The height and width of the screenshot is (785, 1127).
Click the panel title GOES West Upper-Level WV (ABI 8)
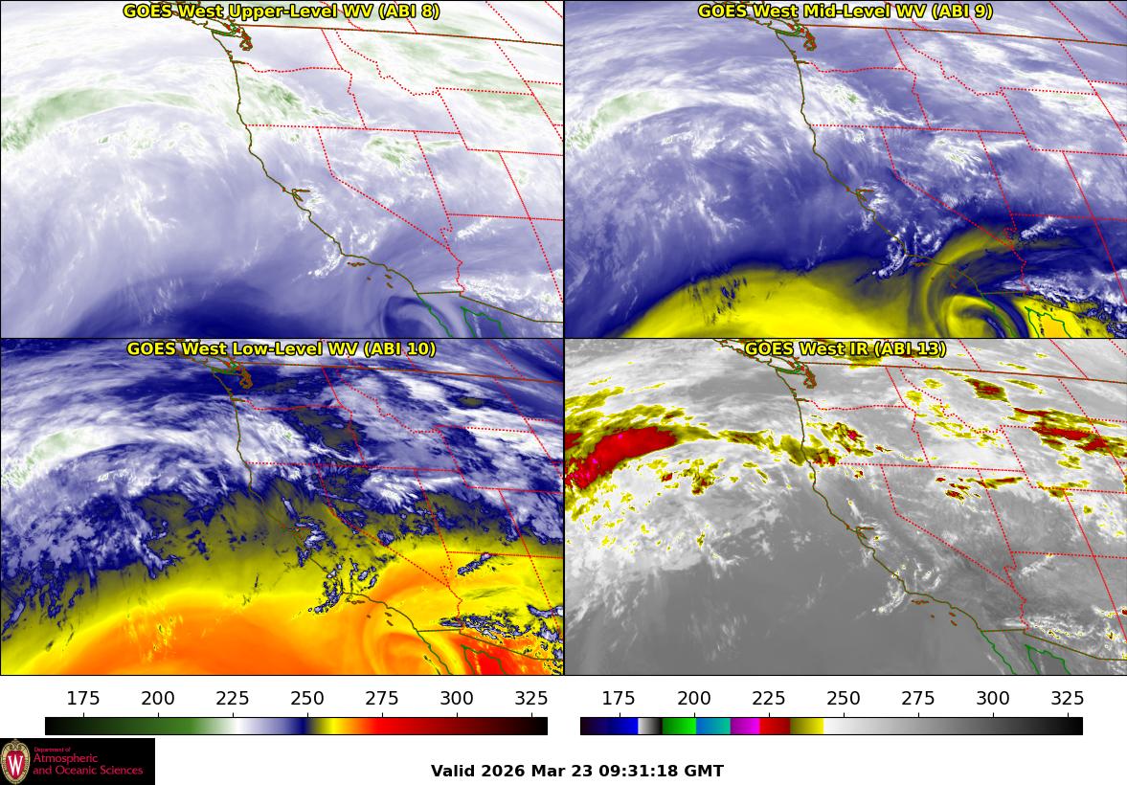click(x=282, y=11)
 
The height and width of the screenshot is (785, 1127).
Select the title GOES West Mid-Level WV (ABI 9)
click(x=845, y=11)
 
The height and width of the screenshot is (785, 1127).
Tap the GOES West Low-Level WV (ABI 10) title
click(x=282, y=349)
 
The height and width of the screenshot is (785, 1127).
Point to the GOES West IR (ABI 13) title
click(x=845, y=349)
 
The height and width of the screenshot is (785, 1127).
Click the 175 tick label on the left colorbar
click(x=83, y=698)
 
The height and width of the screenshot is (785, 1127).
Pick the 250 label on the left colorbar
click(x=307, y=698)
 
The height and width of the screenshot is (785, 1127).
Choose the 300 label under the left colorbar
click(x=457, y=698)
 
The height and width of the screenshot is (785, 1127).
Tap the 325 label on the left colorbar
click(x=531, y=698)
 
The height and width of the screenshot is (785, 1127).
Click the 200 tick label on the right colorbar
click(x=693, y=698)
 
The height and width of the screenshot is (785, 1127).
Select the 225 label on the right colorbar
click(x=768, y=698)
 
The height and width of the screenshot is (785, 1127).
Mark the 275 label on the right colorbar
click(x=917, y=698)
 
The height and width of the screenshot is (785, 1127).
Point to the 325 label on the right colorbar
click(x=1067, y=698)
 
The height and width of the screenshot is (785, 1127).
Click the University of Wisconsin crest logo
click(x=15, y=762)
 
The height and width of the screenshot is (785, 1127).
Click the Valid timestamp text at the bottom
click(x=576, y=771)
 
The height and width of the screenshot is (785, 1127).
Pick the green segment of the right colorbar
click(x=678, y=726)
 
